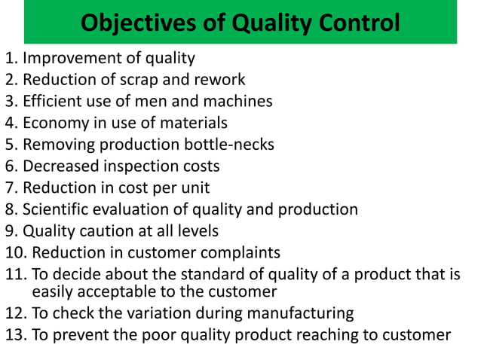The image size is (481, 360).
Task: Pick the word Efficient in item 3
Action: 51,101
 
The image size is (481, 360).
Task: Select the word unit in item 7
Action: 194,188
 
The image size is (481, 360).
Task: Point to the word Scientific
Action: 56,209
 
